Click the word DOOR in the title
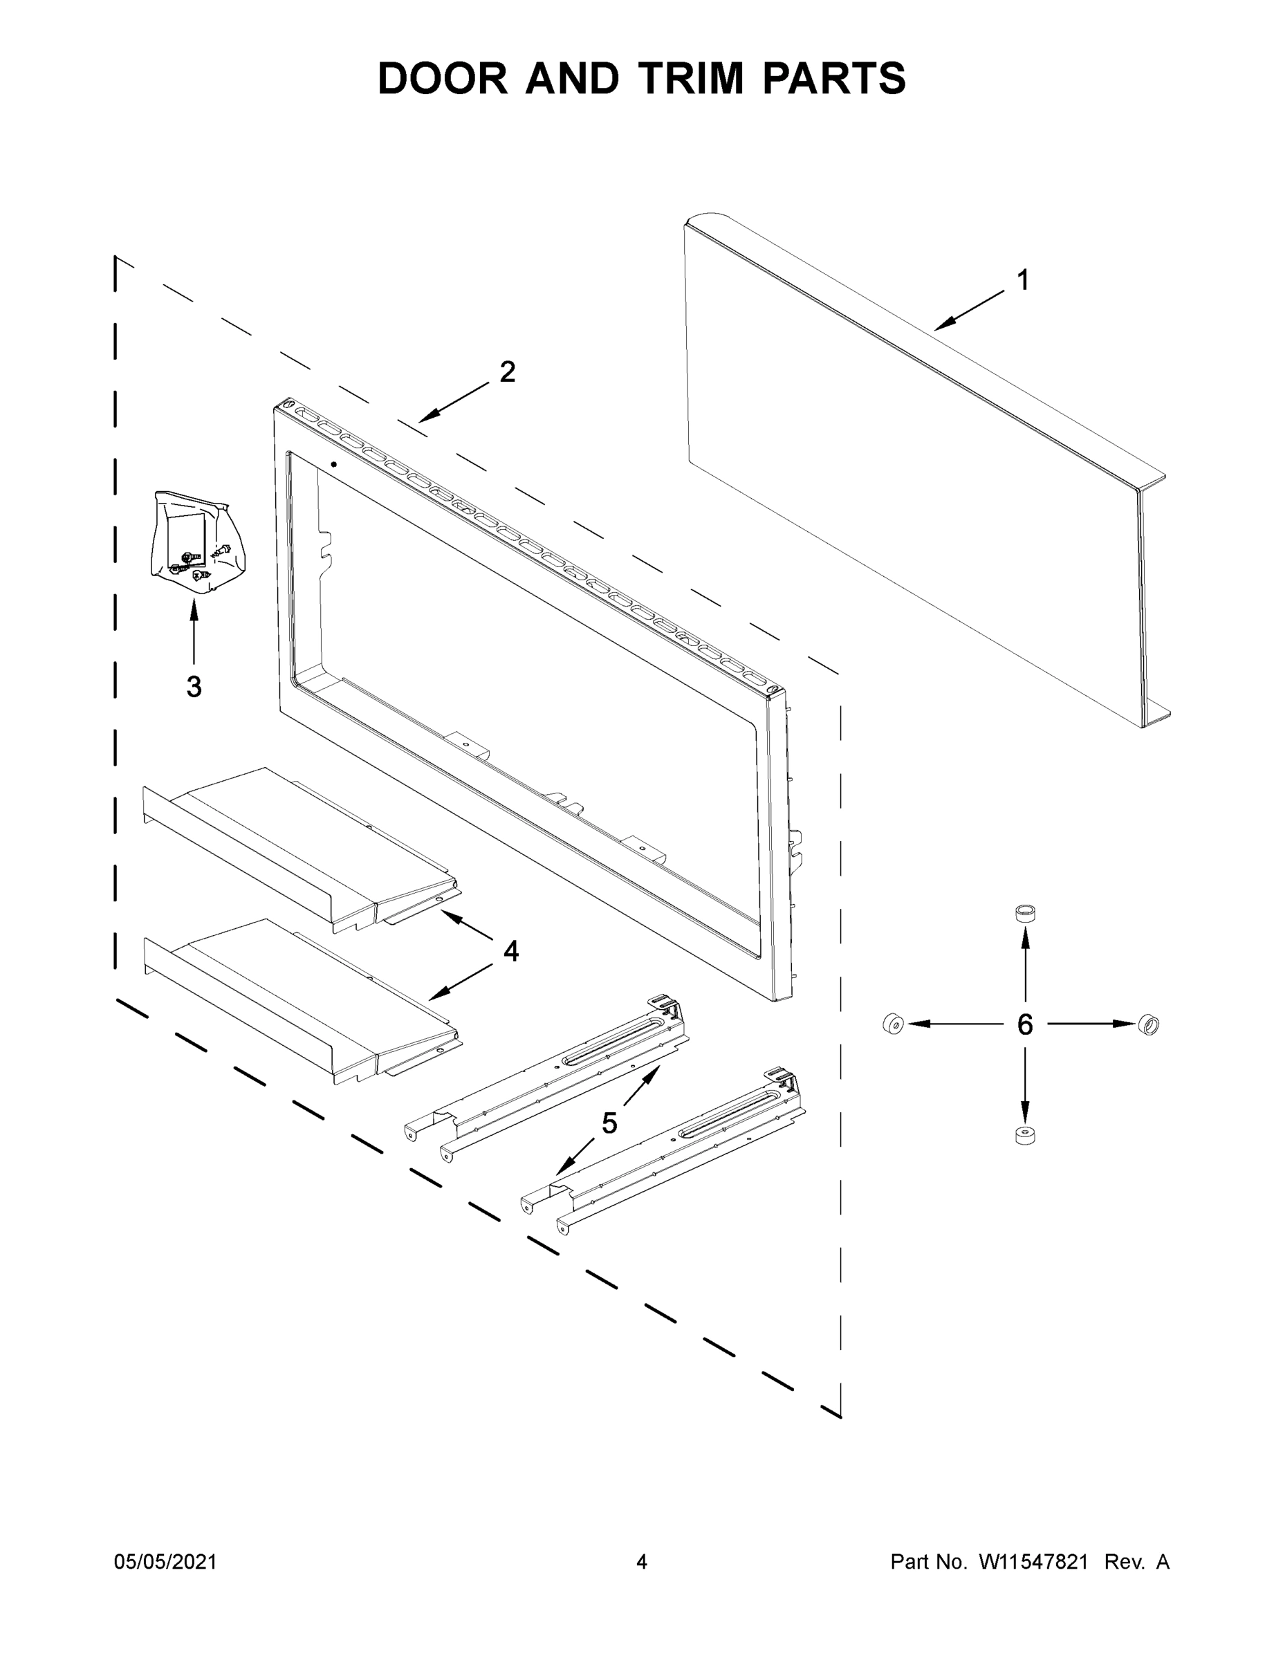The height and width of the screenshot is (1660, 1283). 443,78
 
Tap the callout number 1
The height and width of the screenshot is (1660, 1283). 1023,280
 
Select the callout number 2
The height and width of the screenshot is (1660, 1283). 507,371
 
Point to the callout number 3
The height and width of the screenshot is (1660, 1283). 194,686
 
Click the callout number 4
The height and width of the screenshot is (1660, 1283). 510,951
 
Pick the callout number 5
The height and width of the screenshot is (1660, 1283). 609,1123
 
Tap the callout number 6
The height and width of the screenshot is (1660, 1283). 1024,1024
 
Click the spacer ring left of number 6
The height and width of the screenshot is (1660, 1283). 892,1024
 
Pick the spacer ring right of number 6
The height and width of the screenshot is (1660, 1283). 1150,1025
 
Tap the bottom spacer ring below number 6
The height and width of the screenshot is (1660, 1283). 1025,1136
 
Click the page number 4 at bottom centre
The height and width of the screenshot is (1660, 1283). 642,1561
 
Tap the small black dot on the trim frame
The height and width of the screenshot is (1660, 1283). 333,463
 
